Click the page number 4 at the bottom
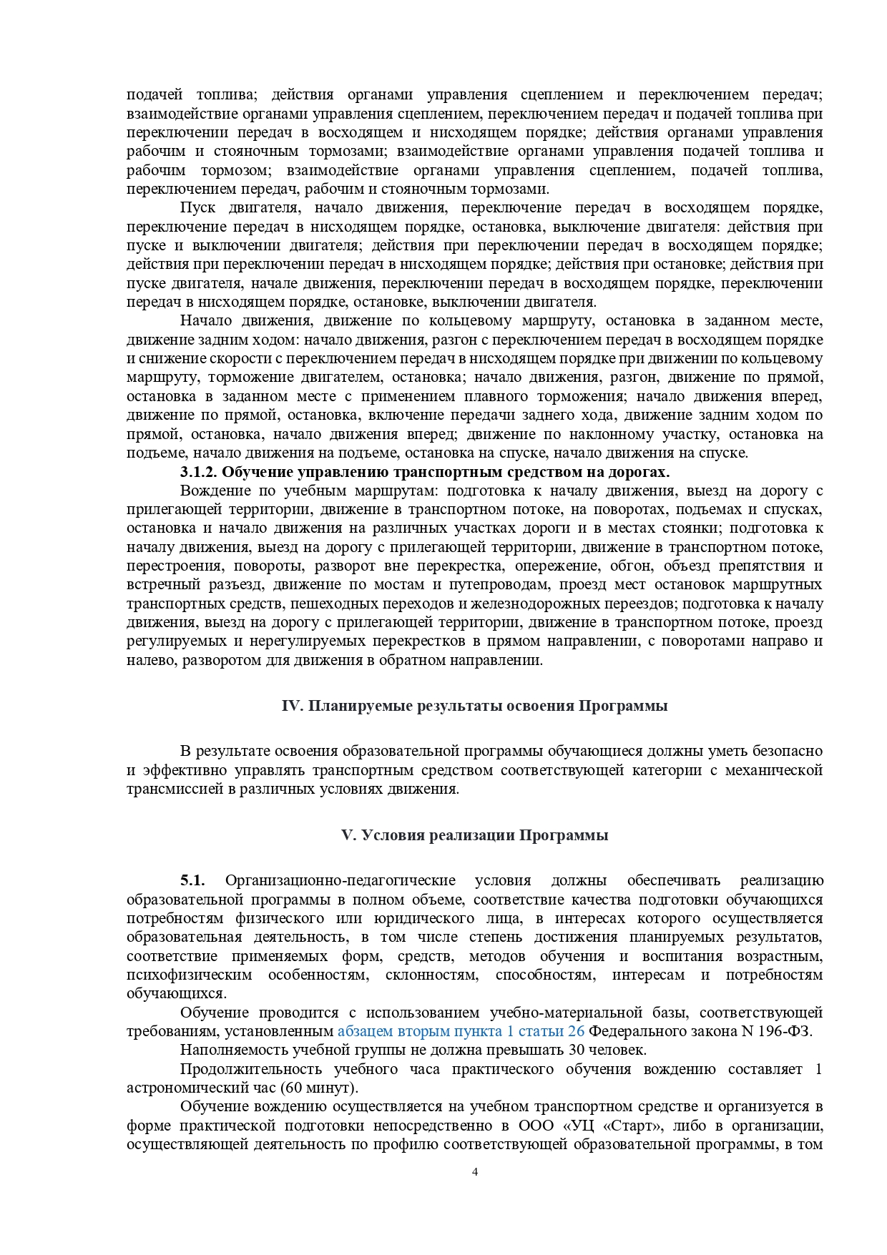click(x=475, y=1171)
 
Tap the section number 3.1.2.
click(x=198, y=472)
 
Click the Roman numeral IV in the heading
click(x=293, y=706)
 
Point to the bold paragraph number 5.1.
click(x=192, y=880)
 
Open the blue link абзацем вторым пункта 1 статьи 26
click(x=461, y=1031)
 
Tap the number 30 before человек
click(x=577, y=1050)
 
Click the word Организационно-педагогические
click(x=340, y=880)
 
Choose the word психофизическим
click(x=190, y=975)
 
